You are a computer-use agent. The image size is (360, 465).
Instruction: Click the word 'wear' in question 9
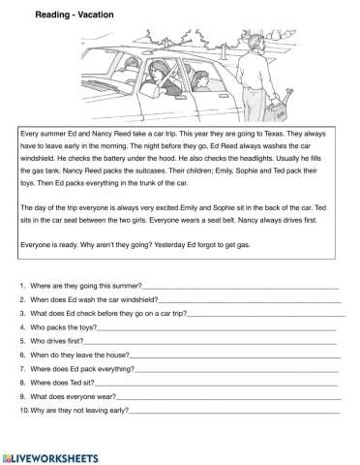pos(104,396)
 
